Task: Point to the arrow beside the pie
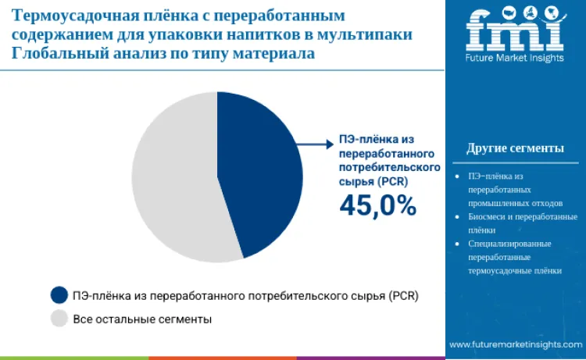pyautogui.click(x=317, y=143)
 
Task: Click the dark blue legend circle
pyautogui.click(x=59, y=295)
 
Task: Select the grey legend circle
pyautogui.click(x=59, y=319)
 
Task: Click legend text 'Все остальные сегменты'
pyautogui.click(x=142, y=319)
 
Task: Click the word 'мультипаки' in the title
pyautogui.click(x=368, y=35)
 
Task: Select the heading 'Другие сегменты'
pyautogui.click(x=515, y=148)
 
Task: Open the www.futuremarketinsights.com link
pyautogui.click(x=516, y=344)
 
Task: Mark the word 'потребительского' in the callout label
pyautogui.click(x=389, y=167)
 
